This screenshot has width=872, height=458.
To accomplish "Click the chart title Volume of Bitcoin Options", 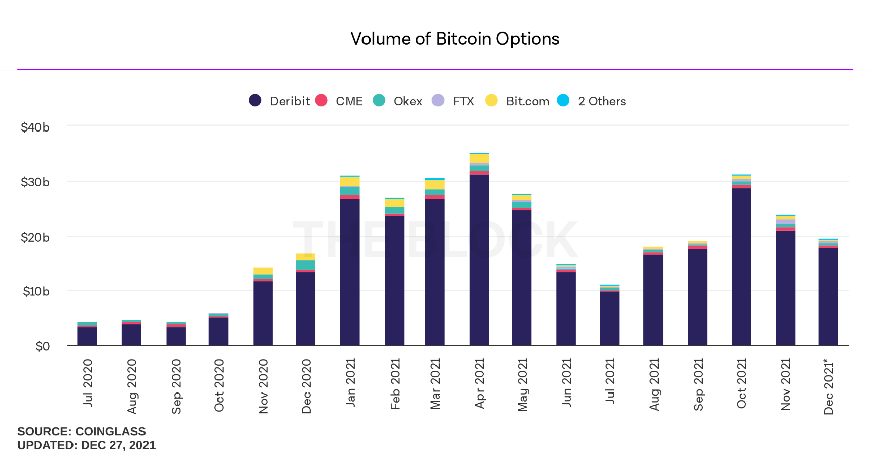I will coord(455,39).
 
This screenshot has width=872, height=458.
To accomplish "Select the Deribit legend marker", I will coord(255,101).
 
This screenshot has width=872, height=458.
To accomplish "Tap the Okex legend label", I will coord(407,101).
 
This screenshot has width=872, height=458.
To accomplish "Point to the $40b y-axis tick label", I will coord(35,127).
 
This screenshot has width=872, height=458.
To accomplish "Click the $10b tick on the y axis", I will coord(36,291).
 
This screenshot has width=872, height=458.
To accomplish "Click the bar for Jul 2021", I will coord(609,317).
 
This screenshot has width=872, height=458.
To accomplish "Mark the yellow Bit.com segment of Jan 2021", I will coord(350,181).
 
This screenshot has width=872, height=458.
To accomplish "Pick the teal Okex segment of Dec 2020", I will coord(305,265).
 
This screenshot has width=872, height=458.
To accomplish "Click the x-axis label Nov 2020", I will coord(263,386).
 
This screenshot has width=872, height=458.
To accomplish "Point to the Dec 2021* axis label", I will coord(829,386).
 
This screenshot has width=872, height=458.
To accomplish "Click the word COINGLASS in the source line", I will coord(110,431).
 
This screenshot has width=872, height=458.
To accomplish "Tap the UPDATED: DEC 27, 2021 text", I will coord(87,445).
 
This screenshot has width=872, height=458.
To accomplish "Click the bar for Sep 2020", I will coord(176,335).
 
